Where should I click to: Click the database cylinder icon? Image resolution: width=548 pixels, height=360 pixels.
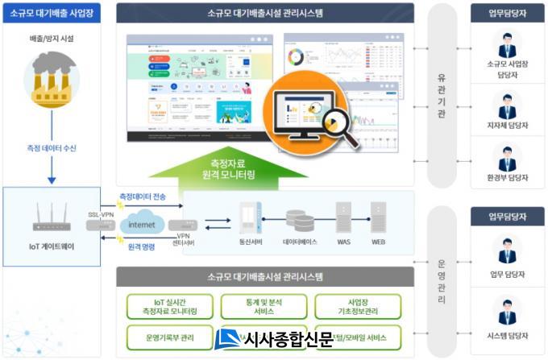click(298, 219)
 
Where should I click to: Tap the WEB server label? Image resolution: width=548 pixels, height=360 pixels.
click(379, 242)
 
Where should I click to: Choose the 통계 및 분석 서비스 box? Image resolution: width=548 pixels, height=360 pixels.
click(264, 306)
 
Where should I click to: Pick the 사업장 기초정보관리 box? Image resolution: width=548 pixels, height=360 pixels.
click(358, 306)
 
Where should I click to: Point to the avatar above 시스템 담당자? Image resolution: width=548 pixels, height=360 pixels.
click(507, 311)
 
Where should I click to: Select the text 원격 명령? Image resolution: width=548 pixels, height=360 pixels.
click(143, 248)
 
